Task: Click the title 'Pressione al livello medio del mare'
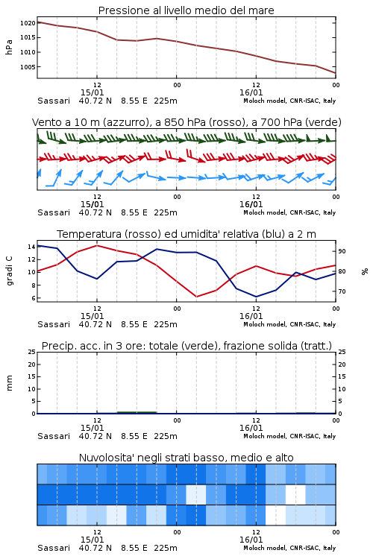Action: [x=186, y=10]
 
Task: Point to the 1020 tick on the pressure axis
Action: [x=28, y=23]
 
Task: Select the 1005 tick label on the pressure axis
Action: [x=28, y=67]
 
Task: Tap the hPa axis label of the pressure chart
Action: [x=9, y=47]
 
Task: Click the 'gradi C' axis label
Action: [x=9, y=271]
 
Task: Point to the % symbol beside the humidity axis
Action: [x=365, y=271]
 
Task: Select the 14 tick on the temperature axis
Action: [x=31, y=247]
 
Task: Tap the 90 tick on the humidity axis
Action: [x=342, y=251]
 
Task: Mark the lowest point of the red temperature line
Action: [x=196, y=297]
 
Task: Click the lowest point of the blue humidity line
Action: [x=256, y=297]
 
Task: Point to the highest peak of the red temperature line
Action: [x=97, y=245]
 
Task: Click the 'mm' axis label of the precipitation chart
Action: [x=9, y=383]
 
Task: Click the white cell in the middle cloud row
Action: [x=295, y=494]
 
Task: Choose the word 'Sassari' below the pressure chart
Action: [x=54, y=101]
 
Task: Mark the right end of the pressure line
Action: [x=336, y=73]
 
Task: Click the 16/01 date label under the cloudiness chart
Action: [x=251, y=540]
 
